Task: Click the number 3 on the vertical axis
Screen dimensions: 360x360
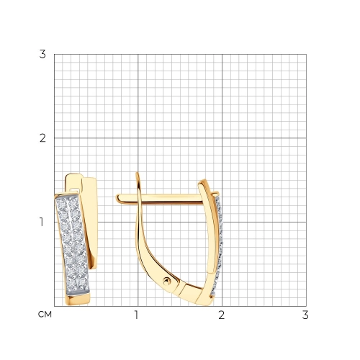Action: coord(42,54)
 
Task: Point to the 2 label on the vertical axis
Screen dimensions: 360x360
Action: coord(42,138)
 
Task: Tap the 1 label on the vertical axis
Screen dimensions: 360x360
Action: coord(42,222)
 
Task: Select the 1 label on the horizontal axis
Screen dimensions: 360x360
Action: coord(137,315)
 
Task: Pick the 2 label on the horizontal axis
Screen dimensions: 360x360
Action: coord(221,315)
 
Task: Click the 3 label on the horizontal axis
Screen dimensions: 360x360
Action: coord(305,315)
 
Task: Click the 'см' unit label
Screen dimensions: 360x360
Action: coord(45,315)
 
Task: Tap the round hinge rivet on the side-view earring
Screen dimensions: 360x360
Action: coord(167,281)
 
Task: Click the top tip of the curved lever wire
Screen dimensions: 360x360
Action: coord(138,173)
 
